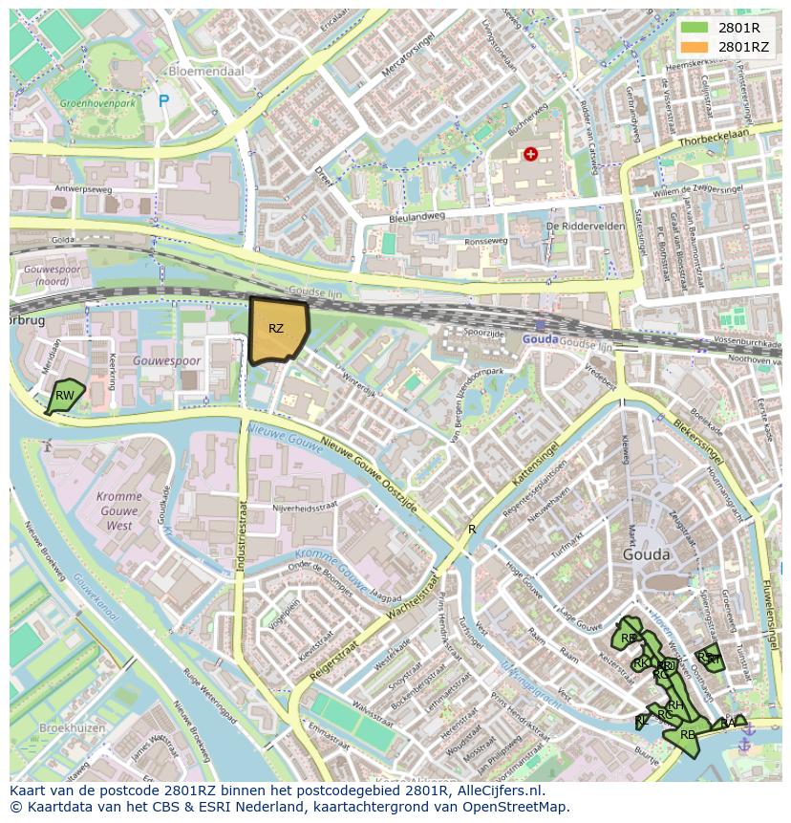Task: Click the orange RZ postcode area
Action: (278, 330)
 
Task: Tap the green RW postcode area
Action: (65, 396)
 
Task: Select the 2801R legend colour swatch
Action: (695, 28)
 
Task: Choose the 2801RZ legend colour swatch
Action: (695, 46)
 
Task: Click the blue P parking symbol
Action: (163, 100)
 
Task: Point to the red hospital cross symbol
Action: (530, 154)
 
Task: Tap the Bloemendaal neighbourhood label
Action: (205, 71)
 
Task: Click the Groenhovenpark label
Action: (96, 102)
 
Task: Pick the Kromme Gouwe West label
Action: (119, 511)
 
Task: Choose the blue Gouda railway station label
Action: (541, 339)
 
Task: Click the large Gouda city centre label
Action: (646, 554)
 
